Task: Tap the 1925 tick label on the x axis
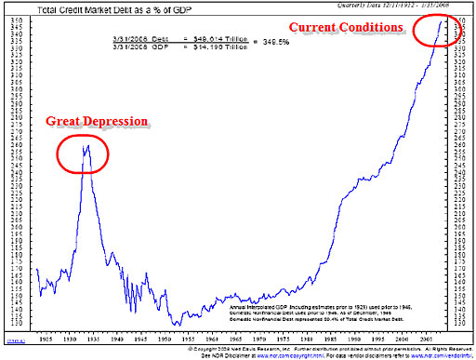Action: coord(46,331)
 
